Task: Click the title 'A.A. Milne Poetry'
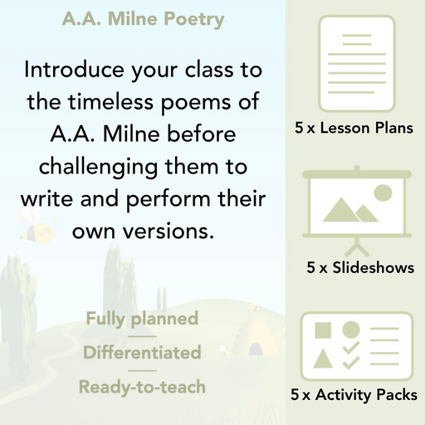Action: (x=143, y=18)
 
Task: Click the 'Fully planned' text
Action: (x=141, y=318)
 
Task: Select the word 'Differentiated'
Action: (x=141, y=352)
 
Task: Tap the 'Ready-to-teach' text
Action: (x=141, y=386)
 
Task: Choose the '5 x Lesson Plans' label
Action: (x=354, y=129)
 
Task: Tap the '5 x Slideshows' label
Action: (x=359, y=268)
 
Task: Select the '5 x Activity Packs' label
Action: (x=354, y=395)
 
